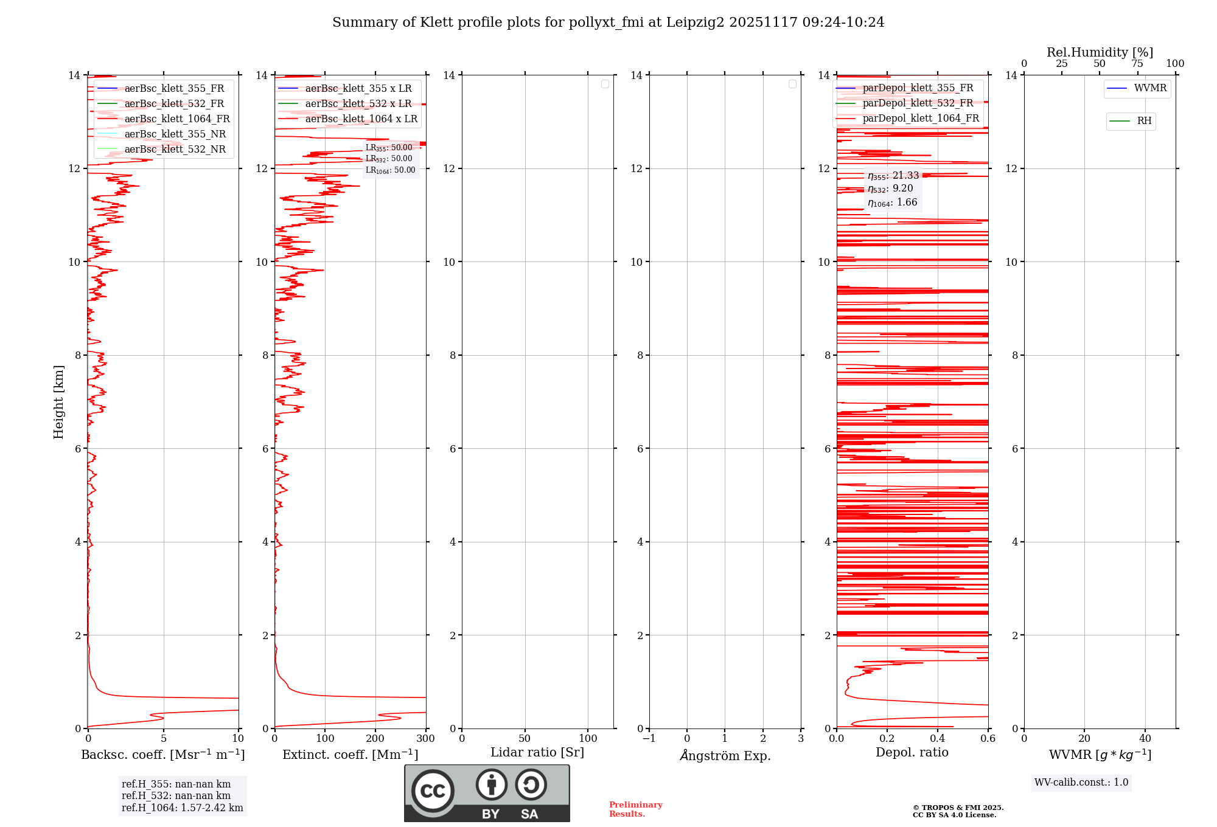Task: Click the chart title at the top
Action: (608, 22)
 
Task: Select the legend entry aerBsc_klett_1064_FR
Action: (176, 119)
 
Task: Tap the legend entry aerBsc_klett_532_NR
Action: (175, 149)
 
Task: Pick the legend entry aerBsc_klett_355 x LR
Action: (358, 88)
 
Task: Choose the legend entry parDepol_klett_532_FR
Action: (918, 103)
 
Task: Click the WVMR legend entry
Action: (1149, 88)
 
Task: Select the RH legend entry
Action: (1143, 121)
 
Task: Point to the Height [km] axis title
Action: (58, 402)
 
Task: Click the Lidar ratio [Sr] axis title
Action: (537, 752)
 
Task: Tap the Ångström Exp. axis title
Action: (725, 755)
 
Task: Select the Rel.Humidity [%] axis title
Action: (1100, 52)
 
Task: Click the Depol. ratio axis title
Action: (912, 752)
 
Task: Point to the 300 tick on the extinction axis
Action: (426, 738)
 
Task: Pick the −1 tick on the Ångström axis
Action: (649, 738)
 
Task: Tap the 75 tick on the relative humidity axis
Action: (1137, 63)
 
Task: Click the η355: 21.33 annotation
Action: (893, 176)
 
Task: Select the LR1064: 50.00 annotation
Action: (390, 170)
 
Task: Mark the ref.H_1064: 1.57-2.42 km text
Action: (182, 808)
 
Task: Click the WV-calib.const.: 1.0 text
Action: (1081, 782)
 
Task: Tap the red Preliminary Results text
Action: (635, 809)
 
